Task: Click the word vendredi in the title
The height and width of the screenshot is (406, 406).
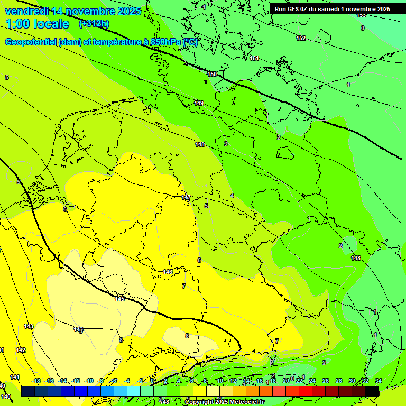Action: coord(27,11)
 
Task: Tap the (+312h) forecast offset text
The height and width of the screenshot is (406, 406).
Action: coord(94,24)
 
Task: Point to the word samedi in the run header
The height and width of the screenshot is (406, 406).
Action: coord(332,9)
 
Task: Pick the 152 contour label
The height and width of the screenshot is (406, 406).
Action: coord(301,38)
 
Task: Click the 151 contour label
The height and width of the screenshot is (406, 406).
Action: coord(254,58)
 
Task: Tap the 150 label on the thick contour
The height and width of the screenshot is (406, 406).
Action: coord(212,74)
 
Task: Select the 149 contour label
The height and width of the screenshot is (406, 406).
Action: coord(199,103)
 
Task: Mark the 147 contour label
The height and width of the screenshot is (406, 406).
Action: coord(186,197)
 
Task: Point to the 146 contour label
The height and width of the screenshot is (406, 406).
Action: coord(168,272)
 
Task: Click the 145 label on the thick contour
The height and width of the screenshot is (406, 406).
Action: coord(119,299)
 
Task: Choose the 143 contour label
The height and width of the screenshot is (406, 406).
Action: coord(29,326)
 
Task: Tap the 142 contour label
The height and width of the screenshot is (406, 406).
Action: coord(21,350)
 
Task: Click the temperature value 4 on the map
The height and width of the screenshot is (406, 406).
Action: coord(232,196)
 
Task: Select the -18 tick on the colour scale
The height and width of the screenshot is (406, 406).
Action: coord(36,381)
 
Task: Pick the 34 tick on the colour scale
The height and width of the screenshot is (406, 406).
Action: coord(379,381)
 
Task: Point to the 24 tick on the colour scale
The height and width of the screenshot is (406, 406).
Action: coord(312,381)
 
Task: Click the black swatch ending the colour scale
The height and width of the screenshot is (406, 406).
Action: coord(372,391)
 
